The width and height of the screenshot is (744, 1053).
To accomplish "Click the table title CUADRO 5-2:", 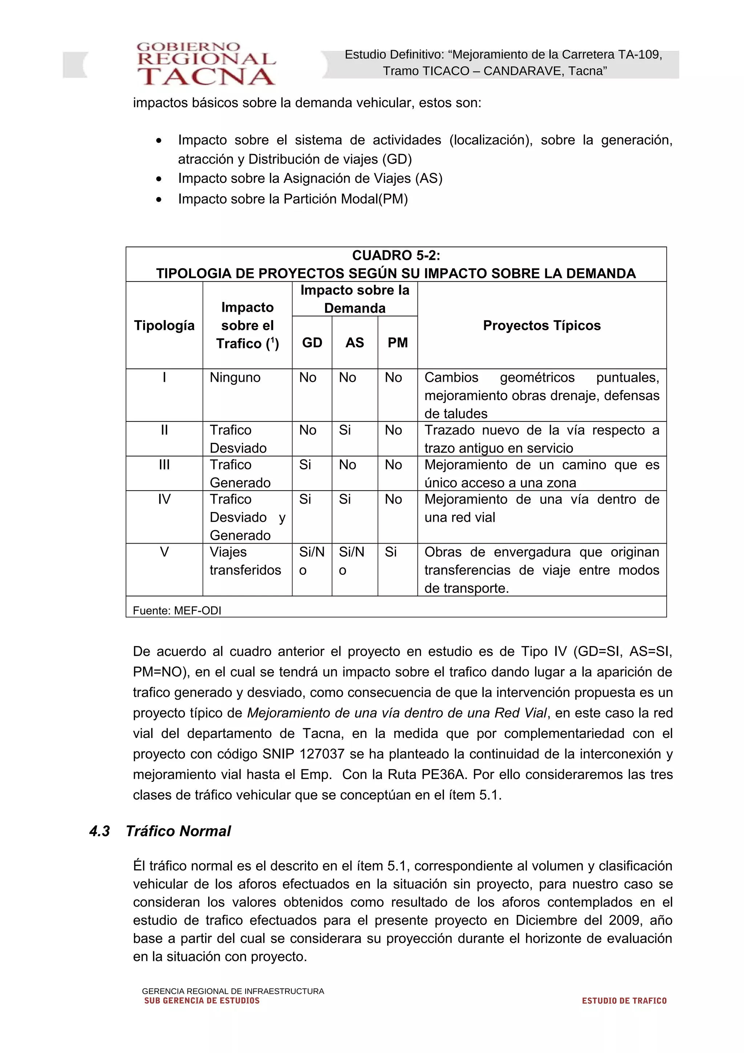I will (x=396, y=255).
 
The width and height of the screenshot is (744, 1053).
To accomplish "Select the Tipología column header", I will (x=164, y=325).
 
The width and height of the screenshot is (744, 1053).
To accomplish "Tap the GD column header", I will (x=312, y=343).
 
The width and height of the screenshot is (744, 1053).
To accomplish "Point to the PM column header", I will (x=397, y=343).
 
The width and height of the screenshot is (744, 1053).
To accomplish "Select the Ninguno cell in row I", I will (x=235, y=378).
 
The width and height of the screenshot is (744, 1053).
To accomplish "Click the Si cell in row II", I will (x=345, y=430).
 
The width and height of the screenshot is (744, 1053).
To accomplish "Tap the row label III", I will (x=164, y=465).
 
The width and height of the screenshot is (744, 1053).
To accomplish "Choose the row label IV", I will (x=164, y=499).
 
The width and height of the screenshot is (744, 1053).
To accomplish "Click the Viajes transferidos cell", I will (x=245, y=561).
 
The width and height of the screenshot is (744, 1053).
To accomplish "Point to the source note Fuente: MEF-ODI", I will (x=177, y=610).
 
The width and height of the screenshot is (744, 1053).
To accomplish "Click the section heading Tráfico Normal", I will (x=178, y=831).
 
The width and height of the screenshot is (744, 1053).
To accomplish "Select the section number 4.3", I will (x=100, y=831).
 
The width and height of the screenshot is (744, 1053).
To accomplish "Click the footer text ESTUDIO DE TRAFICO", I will (x=624, y=1001).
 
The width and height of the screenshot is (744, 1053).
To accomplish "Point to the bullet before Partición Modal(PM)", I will (x=159, y=199).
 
